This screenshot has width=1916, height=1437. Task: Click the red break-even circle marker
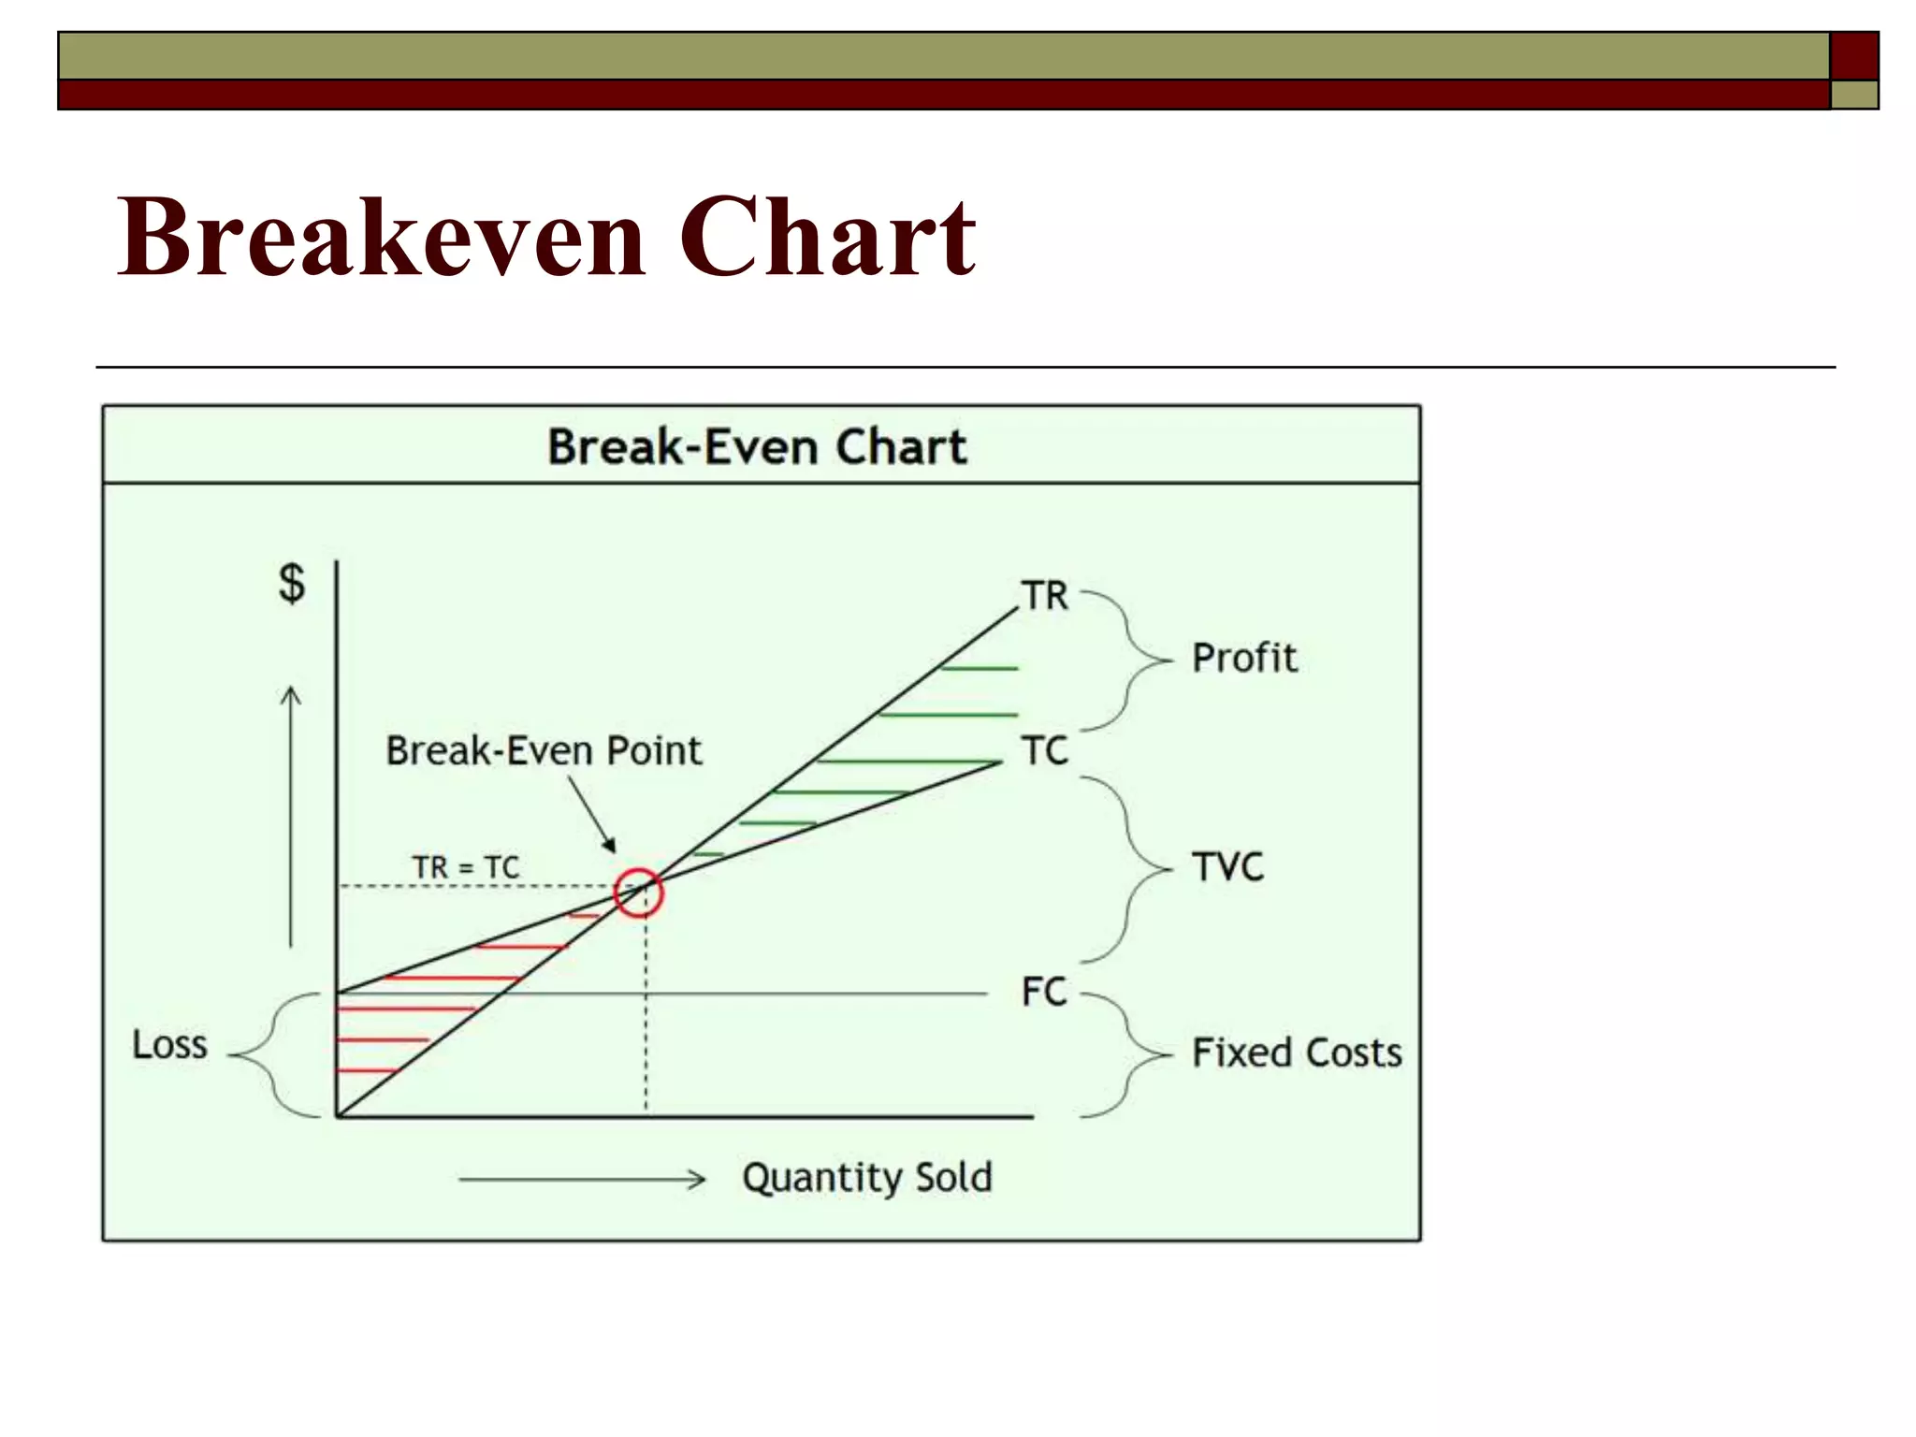(x=639, y=893)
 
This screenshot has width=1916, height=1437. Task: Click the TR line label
(x=1044, y=596)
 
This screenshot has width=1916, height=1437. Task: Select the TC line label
(x=1044, y=750)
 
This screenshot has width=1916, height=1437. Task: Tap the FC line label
(x=1044, y=992)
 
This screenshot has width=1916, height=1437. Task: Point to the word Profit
(x=1244, y=659)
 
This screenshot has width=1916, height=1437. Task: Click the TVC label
(x=1227, y=867)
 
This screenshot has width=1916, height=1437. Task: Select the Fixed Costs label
(x=1297, y=1053)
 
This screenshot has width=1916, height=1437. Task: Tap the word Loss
(x=169, y=1045)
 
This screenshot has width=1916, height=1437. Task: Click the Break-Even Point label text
(x=544, y=750)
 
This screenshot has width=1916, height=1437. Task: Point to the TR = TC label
(x=466, y=867)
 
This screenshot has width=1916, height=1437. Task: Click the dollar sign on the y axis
(x=292, y=583)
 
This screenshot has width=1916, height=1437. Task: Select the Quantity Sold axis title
(x=867, y=1177)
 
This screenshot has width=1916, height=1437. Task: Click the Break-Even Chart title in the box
(x=757, y=446)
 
